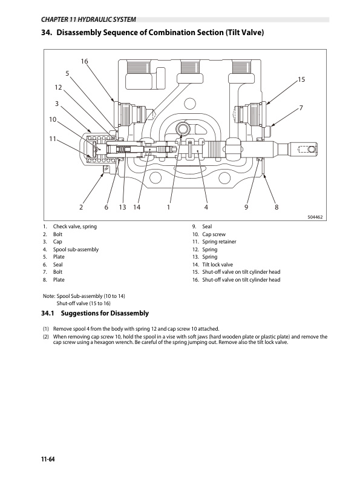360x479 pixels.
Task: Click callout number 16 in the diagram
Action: tap(84, 62)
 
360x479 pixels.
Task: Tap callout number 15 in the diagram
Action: tap(301, 80)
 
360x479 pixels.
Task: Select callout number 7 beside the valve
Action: tap(301, 107)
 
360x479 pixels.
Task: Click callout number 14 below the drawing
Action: tap(137, 207)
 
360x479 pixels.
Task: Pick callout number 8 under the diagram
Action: tap(277, 207)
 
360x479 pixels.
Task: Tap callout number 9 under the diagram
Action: tap(246, 207)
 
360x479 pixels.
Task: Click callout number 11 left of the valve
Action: tap(53, 139)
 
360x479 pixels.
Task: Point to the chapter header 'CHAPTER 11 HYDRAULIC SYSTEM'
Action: tap(85, 20)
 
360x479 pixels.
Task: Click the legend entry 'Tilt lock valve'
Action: tap(217, 265)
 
